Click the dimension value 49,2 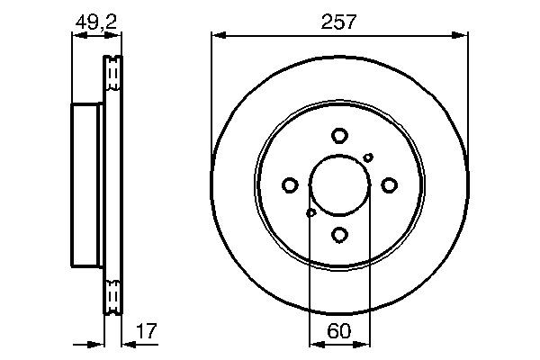point(94,22)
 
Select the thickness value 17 point(146,331)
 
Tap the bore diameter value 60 point(339,331)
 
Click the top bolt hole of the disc point(339,136)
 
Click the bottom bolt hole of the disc point(339,235)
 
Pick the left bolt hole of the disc point(290,185)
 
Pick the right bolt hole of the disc point(389,185)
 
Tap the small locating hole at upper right point(368,157)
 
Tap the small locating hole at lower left point(311,213)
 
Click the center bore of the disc point(339,185)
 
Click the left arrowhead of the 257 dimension point(217,36)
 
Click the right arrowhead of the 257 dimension point(463,36)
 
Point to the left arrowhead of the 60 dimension point(314,343)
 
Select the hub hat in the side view point(86,184)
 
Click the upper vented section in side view point(112,74)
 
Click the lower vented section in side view point(112,297)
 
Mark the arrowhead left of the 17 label point(125,343)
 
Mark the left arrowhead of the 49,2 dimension point(76,36)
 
